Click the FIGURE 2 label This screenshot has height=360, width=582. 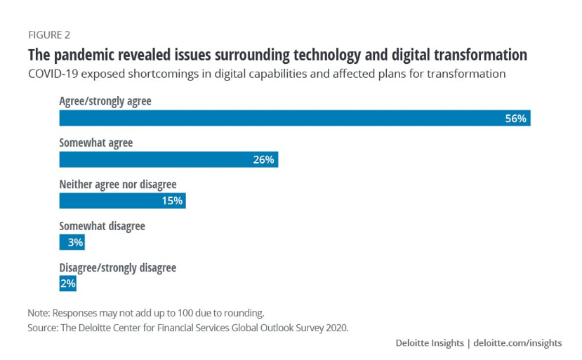[48, 34]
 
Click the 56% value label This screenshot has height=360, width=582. [515, 119]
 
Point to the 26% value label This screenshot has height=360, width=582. [263, 160]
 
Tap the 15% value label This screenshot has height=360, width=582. [171, 201]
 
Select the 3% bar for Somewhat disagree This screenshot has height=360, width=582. [72, 242]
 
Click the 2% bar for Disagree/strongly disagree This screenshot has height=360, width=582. [67, 284]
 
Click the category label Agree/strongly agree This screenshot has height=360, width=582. [105, 101]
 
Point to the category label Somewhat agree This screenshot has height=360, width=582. [96, 143]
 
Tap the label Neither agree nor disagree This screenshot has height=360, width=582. [118, 185]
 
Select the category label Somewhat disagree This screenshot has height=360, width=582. [102, 226]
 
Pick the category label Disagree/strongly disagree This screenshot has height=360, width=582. [118, 267]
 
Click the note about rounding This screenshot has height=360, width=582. [145, 312]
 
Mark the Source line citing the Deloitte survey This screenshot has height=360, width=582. [187, 327]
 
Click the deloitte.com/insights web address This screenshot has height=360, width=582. [517, 343]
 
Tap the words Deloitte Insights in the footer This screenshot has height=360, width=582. [429, 343]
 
